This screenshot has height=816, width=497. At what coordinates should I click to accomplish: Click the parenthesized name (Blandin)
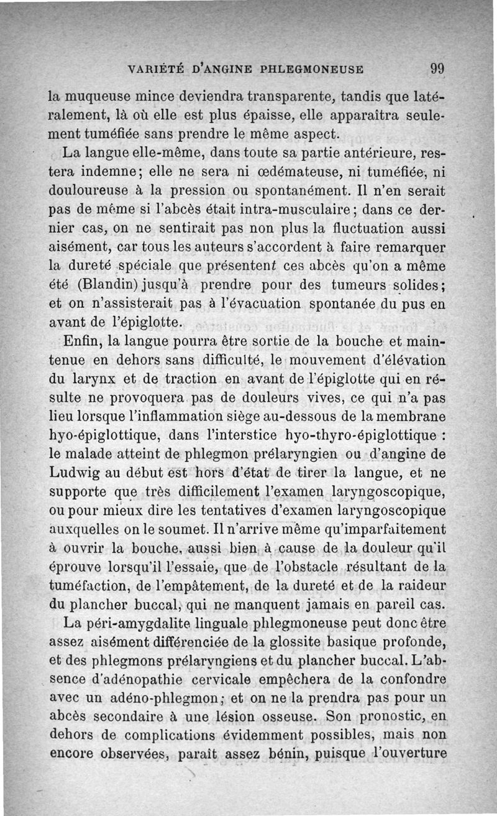click(104, 285)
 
